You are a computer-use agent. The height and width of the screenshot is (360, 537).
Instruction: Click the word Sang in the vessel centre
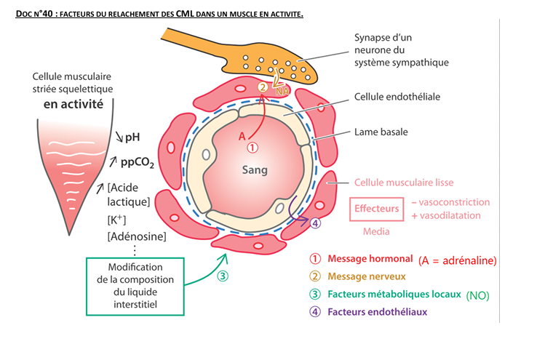pos(255,169)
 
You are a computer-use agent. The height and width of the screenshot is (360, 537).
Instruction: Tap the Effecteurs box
pos(376,209)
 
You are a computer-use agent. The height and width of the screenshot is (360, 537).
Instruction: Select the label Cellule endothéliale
pos(397,96)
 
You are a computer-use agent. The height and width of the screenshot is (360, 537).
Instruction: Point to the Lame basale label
pos(381,132)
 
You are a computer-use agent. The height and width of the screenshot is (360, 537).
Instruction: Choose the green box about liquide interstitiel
pos(140,286)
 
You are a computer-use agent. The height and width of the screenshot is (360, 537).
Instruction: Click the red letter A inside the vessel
pos(242,135)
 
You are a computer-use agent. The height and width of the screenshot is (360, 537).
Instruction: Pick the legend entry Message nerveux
pos(367,276)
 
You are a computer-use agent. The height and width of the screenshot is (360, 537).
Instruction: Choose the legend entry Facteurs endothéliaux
pos(377,312)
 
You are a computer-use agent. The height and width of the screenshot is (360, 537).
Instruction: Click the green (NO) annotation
pos(477,295)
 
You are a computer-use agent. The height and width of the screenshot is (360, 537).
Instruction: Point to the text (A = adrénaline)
pos(457,259)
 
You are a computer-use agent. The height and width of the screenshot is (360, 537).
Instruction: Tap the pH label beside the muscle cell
pos(132,136)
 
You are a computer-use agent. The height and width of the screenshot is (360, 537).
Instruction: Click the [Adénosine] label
pos(136,236)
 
